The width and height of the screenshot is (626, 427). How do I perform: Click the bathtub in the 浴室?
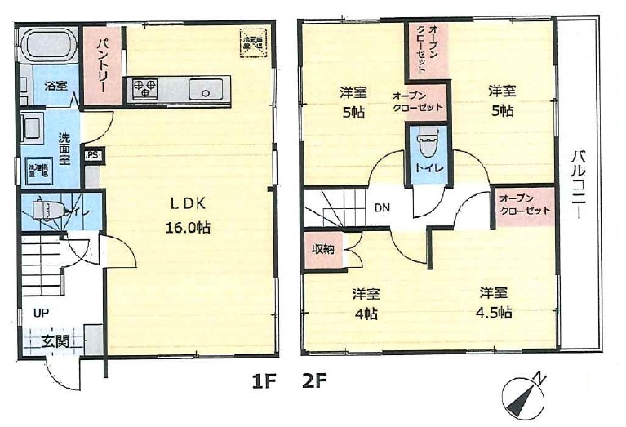[47, 44]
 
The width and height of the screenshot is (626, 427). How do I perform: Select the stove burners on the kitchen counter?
[144, 87]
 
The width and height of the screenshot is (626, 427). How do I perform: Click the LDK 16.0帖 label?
[190, 215]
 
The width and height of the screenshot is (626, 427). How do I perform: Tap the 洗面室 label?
[64, 149]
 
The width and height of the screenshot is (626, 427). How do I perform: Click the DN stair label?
[382, 207]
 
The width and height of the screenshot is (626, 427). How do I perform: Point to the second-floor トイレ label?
[428, 168]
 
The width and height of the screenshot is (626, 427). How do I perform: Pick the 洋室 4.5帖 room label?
[495, 302]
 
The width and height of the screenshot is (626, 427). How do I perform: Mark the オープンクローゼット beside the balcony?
[523, 204]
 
